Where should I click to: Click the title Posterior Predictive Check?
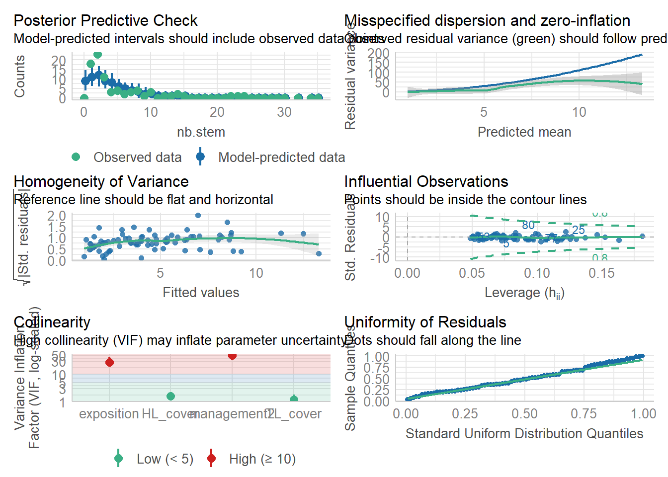tap(105, 21)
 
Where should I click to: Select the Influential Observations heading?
tap(426, 182)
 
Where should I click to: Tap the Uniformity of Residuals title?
tap(425, 322)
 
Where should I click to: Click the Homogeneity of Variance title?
tap(101, 182)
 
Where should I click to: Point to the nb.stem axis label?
tap(201, 132)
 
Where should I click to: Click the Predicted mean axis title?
tap(524, 132)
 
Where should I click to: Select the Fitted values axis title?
tap(201, 293)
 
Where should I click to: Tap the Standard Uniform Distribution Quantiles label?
tap(524, 434)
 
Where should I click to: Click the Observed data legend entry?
tap(137, 158)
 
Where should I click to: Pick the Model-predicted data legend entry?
tap(281, 158)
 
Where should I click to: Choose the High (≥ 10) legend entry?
tap(262, 459)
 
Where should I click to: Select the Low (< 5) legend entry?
tap(165, 459)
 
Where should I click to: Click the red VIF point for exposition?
tap(109, 362)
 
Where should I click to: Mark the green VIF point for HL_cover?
tap(170, 396)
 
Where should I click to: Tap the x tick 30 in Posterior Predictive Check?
tap(284, 112)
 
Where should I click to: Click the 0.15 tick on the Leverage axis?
tap(601, 273)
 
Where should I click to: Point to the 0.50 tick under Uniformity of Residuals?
tap(524, 414)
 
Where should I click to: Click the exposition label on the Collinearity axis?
tap(109, 414)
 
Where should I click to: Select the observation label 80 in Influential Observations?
tap(528, 225)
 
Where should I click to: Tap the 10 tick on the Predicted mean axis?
tap(579, 112)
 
